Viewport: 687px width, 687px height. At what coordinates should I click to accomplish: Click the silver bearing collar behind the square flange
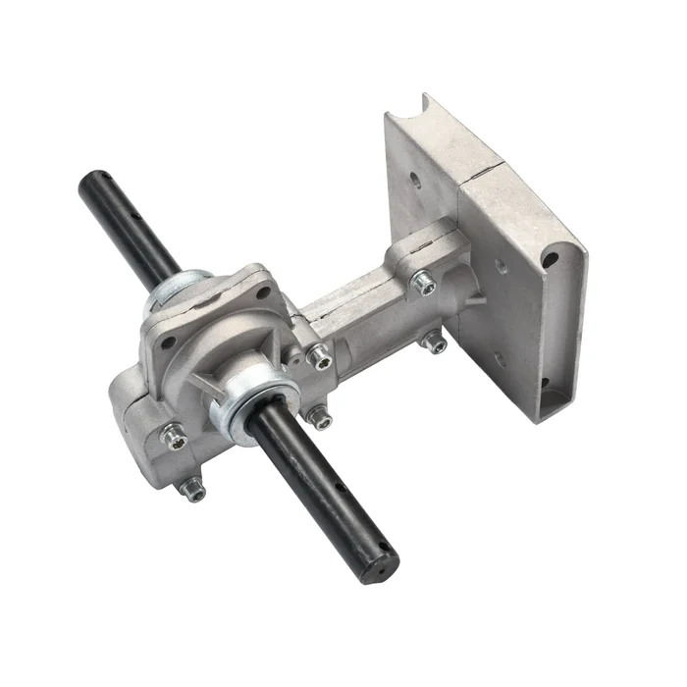[x=178, y=292]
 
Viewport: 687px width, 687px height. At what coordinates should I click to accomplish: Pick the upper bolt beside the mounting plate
[x=423, y=283]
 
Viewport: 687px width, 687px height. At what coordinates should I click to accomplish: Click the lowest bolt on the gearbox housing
[x=195, y=492]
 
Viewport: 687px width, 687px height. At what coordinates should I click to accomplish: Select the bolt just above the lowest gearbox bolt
[x=174, y=432]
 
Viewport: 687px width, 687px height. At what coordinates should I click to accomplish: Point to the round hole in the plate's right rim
[x=552, y=260]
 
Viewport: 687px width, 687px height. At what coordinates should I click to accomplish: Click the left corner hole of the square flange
[x=163, y=343]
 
